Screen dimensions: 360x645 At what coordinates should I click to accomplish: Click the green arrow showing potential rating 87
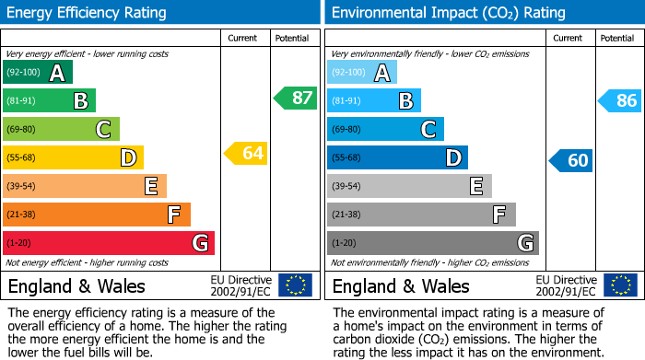[x=296, y=99]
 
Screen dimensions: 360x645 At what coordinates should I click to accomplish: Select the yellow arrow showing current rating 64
[x=246, y=153]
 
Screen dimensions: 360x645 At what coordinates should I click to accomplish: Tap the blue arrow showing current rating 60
[x=570, y=160]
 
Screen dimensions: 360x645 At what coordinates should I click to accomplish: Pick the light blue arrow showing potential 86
[x=619, y=100]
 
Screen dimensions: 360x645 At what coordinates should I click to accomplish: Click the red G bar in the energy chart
[x=109, y=243]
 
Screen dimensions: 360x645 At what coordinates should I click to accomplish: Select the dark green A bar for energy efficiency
[x=38, y=73]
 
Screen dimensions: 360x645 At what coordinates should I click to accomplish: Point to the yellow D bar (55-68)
[x=73, y=157]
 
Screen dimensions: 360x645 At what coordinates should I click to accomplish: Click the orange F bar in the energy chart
[x=97, y=215]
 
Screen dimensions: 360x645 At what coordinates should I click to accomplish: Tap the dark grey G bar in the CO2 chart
[x=432, y=243]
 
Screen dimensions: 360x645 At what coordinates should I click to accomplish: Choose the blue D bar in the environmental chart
[x=397, y=157]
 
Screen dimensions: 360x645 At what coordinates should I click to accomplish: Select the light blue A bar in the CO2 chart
[x=362, y=73]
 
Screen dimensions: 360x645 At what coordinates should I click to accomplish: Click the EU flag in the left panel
[x=295, y=285]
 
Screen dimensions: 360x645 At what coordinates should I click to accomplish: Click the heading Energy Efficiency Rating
[x=88, y=13]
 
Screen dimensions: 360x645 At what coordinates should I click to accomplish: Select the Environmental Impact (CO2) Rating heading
[x=448, y=13]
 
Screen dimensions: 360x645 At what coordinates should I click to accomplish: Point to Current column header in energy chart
[x=243, y=38]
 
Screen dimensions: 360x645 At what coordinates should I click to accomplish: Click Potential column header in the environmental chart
[x=616, y=38]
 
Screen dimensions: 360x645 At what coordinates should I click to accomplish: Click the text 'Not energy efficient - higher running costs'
[x=88, y=262]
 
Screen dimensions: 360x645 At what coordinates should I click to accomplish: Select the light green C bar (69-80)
[x=61, y=129]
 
